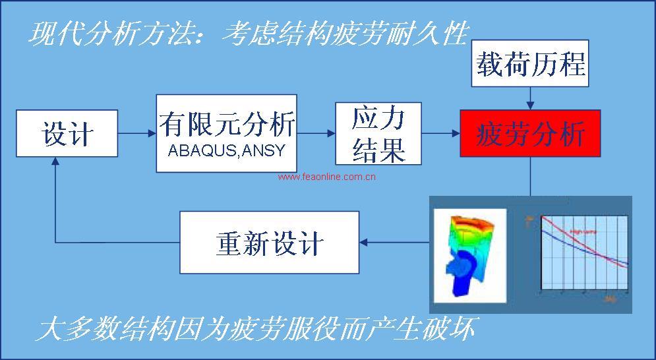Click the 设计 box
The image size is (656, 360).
point(67,133)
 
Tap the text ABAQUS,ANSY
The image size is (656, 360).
point(226,150)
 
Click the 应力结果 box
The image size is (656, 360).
point(378,133)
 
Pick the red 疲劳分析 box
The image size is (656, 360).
point(530,133)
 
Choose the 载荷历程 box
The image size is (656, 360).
point(530,66)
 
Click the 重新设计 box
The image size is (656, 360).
point(270,243)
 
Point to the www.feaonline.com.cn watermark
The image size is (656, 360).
point(326,177)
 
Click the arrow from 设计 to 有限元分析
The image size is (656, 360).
point(137,133)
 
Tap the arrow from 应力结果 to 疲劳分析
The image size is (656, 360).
point(441,133)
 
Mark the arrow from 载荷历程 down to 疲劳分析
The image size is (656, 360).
point(530,100)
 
